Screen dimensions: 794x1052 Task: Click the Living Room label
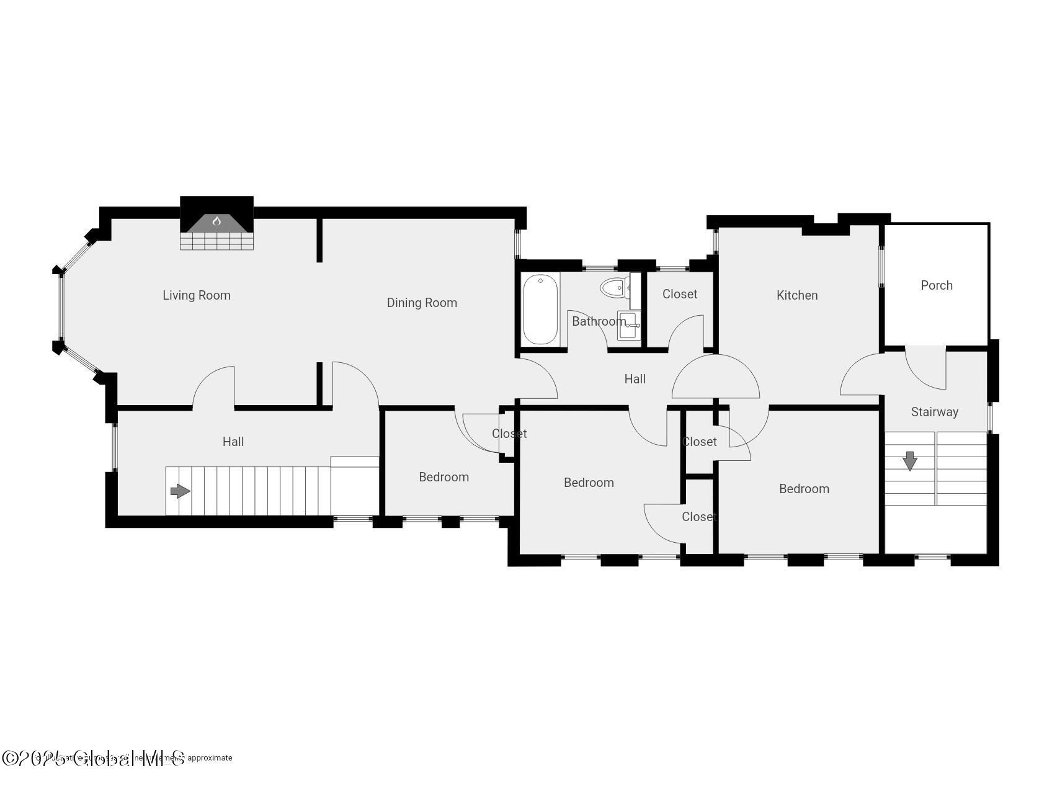[x=196, y=295]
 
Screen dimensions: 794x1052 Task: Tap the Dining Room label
[x=422, y=303]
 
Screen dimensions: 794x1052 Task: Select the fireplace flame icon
[x=216, y=221]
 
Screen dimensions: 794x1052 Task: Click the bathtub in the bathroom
[x=540, y=309]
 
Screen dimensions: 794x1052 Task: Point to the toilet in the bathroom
[x=613, y=288]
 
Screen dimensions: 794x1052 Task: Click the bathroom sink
[x=628, y=326]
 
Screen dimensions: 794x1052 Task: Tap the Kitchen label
[x=797, y=295]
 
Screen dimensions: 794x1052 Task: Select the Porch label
[x=936, y=285]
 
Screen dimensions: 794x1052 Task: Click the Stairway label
[x=934, y=412]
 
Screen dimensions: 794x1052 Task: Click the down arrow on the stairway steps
[x=909, y=461]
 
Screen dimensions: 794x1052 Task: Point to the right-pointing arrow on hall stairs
[x=180, y=491]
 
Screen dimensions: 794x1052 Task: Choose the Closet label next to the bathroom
[x=679, y=294]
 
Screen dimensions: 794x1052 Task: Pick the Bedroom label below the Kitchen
[x=804, y=489]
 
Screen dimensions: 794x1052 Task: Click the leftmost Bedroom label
[x=444, y=477]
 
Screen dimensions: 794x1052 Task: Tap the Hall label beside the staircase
[x=233, y=442]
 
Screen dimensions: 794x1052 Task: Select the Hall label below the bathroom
[x=635, y=379]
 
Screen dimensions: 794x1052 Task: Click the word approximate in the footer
[x=210, y=757]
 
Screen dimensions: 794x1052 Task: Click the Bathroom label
[x=598, y=321]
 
